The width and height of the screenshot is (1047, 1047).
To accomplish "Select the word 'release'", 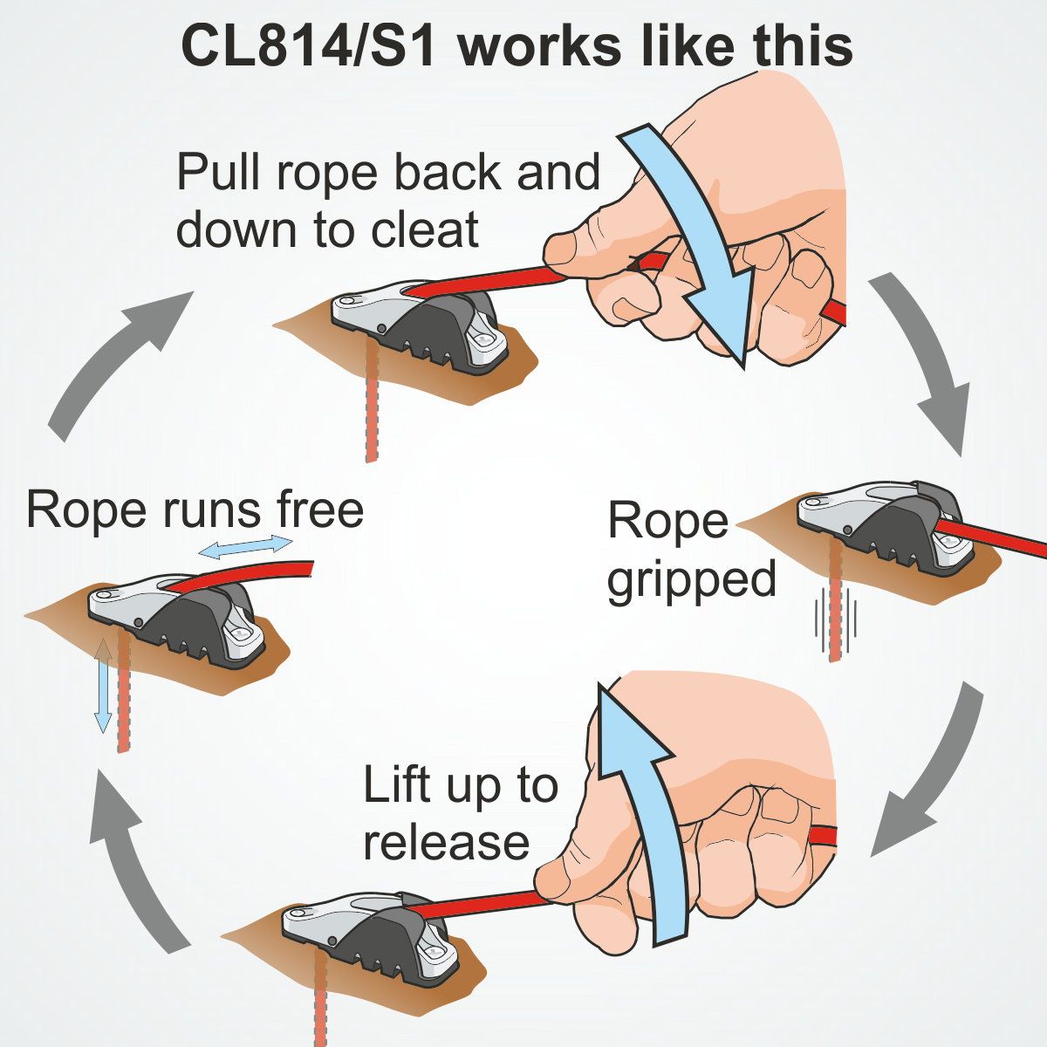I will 446,842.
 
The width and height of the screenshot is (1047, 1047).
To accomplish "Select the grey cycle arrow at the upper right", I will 925,358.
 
